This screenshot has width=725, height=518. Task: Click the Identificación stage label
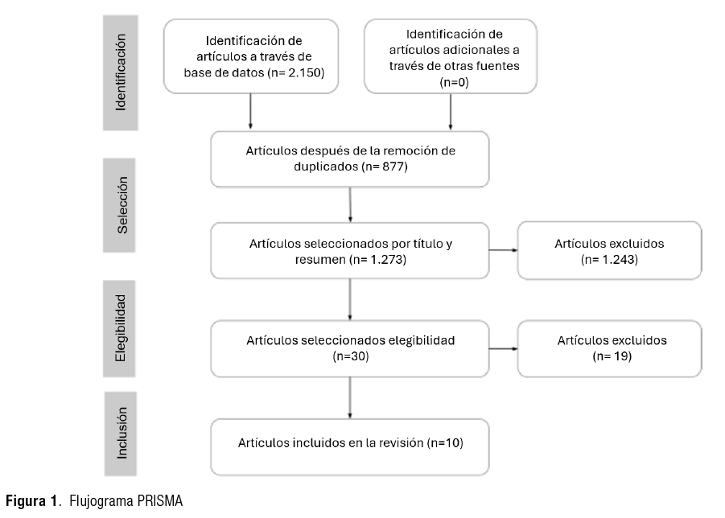121,72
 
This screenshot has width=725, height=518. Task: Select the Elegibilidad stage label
119,328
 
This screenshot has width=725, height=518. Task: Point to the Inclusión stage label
121,434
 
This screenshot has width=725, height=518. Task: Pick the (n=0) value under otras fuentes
454,82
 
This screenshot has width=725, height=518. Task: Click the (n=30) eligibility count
351,356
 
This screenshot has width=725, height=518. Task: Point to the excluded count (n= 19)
612,356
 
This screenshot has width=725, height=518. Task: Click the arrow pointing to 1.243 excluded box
503,250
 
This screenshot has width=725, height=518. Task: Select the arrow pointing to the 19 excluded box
503,348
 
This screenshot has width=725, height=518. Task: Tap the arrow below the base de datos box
250,111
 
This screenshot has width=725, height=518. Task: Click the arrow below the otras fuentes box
451,111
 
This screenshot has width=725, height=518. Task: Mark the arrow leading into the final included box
350,398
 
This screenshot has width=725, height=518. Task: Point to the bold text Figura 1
31,501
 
